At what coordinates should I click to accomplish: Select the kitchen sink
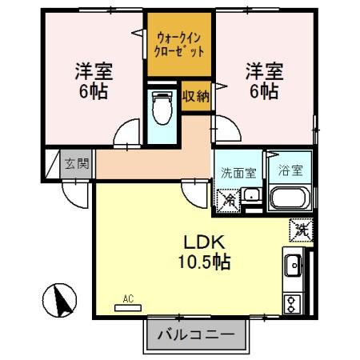pyautogui.click(x=292, y=263)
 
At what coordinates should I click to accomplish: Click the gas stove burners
pyautogui.click(x=292, y=303)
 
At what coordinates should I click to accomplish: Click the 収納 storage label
pyautogui.click(x=195, y=96)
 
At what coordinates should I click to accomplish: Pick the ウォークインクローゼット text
pyautogui.click(x=179, y=43)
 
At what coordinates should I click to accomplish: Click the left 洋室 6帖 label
pyautogui.click(x=90, y=80)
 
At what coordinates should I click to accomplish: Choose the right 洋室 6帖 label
pyautogui.click(x=262, y=80)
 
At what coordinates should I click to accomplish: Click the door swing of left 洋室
pyautogui.click(x=125, y=134)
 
